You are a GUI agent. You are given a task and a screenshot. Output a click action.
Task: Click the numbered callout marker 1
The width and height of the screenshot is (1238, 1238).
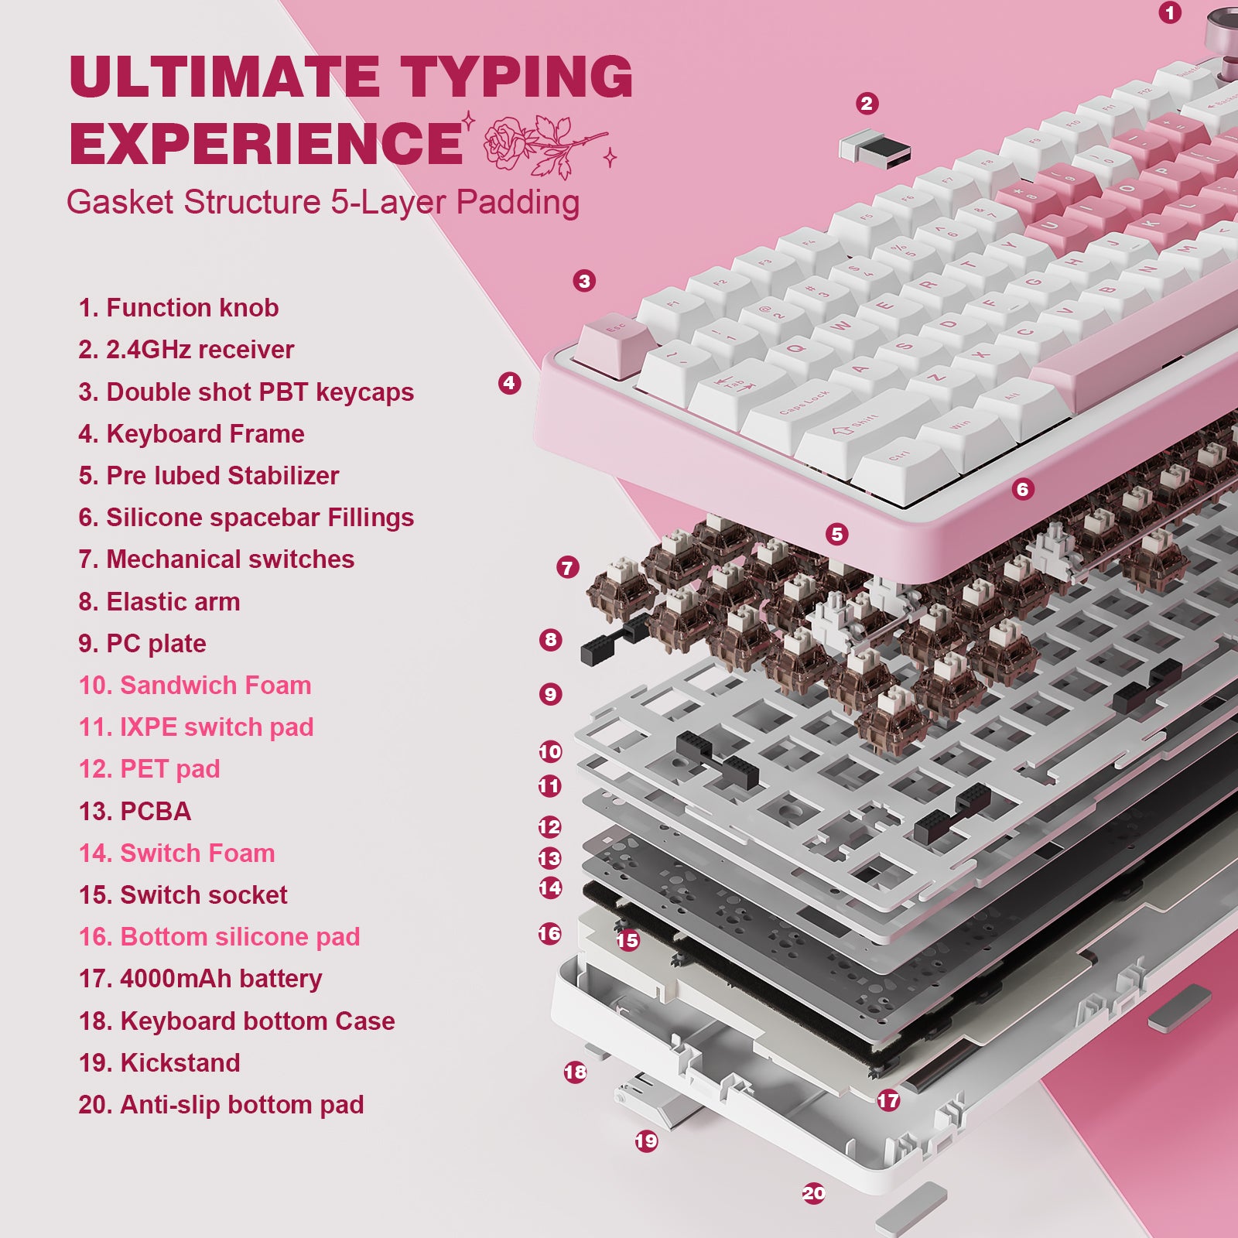(x=1170, y=12)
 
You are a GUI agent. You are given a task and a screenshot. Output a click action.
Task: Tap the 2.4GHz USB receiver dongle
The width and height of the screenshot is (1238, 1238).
(x=875, y=146)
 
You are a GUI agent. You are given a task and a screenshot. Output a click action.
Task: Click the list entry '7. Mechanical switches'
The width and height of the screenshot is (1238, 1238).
(x=216, y=559)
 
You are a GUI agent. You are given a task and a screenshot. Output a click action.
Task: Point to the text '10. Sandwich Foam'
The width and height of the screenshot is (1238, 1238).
(x=195, y=686)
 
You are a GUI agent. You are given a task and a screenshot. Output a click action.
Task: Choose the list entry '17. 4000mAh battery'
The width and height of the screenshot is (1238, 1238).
(x=200, y=979)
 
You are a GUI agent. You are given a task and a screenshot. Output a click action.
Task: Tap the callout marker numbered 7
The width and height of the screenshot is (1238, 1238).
(x=567, y=568)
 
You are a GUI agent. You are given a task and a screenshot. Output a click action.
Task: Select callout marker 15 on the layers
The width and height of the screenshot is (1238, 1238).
(x=628, y=940)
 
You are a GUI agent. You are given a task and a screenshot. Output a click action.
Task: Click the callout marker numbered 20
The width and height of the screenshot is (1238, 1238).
(x=814, y=1194)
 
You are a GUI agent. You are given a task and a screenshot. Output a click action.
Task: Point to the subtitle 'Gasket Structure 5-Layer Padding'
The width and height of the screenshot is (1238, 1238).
(x=323, y=203)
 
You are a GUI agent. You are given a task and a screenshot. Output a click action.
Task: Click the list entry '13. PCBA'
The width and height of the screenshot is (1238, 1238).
(x=135, y=812)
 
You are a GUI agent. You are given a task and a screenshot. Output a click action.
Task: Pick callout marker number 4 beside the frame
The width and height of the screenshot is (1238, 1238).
(x=509, y=382)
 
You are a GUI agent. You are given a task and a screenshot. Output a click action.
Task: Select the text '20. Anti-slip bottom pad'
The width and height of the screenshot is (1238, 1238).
(x=221, y=1105)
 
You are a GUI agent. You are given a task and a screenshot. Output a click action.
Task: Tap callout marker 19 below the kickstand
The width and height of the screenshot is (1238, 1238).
(x=646, y=1141)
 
